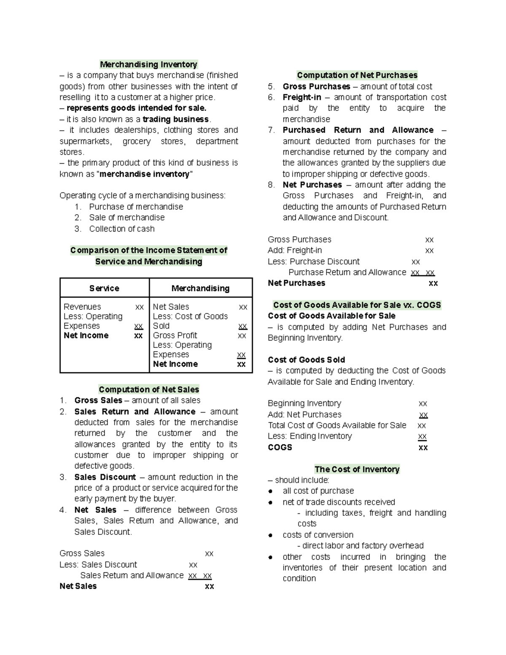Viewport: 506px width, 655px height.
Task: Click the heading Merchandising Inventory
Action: click(x=148, y=65)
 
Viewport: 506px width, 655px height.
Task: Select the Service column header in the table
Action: click(x=104, y=288)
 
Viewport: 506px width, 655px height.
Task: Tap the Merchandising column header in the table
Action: click(x=200, y=288)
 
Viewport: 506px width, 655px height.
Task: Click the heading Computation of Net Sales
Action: click(x=149, y=389)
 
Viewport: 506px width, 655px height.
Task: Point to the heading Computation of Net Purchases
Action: click(x=357, y=75)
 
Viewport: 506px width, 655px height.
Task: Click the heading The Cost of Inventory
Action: click(x=357, y=469)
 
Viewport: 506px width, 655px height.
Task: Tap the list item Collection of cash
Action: click(x=122, y=229)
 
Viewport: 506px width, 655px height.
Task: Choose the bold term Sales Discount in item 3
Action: click(x=105, y=477)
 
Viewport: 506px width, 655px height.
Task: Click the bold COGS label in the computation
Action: click(x=280, y=447)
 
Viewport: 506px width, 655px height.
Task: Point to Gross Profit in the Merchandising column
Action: click(x=175, y=335)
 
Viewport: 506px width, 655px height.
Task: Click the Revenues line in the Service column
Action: click(x=82, y=307)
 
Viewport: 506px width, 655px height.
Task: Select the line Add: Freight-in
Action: click(x=295, y=251)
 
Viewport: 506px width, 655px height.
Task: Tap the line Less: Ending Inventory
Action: click(x=310, y=436)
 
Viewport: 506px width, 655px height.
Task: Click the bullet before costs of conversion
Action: click(x=270, y=535)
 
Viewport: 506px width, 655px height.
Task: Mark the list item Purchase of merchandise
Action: click(x=136, y=207)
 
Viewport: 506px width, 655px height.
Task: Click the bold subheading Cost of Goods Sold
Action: click(x=307, y=360)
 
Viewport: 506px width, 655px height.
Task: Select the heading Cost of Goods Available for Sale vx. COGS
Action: click(x=357, y=305)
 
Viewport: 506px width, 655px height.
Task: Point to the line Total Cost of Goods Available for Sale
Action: click(x=337, y=425)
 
